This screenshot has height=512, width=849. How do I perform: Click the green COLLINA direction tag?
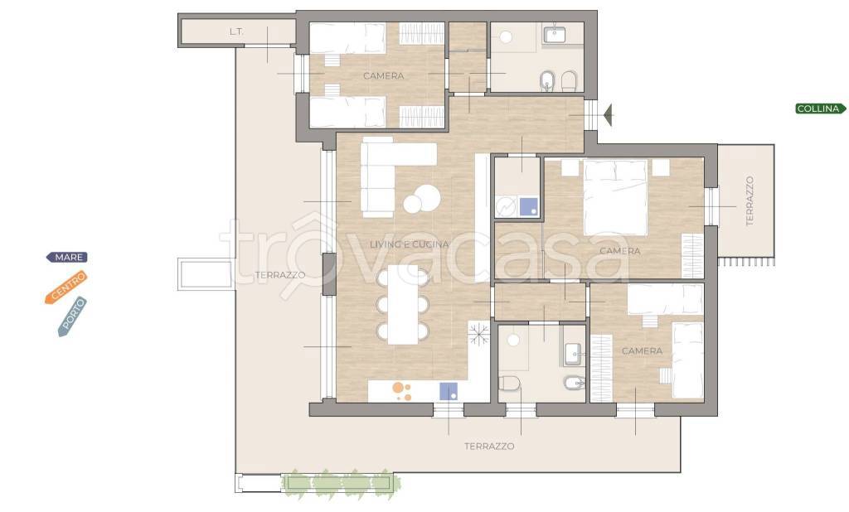[821, 109]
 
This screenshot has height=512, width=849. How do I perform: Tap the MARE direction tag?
[67, 257]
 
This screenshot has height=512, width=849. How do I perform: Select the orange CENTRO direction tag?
[66, 287]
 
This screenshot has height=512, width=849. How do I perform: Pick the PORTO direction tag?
[72, 316]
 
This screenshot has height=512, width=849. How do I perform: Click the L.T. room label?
[236, 31]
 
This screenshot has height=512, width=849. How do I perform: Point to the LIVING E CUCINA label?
[410, 244]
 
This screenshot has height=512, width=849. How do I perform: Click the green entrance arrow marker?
[609, 115]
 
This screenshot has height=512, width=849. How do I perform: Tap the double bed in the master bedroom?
[616, 197]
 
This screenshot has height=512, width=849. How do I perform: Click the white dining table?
[403, 304]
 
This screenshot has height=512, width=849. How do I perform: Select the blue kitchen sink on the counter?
[449, 391]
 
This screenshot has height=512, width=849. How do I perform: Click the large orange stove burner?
[398, 388]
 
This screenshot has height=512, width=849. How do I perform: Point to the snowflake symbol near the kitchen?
[479, 333]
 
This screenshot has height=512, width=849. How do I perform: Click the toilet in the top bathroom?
[569, 82]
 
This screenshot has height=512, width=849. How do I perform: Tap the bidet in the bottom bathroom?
[574, 384]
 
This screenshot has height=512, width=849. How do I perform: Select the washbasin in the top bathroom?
[554, 34]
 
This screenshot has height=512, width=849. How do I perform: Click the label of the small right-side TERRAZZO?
[750, 200]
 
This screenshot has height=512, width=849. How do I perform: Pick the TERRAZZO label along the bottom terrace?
[489, 446]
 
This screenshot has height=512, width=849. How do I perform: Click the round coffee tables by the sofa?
[421, 199]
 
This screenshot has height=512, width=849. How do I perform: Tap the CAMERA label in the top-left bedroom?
[383, 75]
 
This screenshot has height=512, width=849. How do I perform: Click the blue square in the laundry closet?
[528, 206]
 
